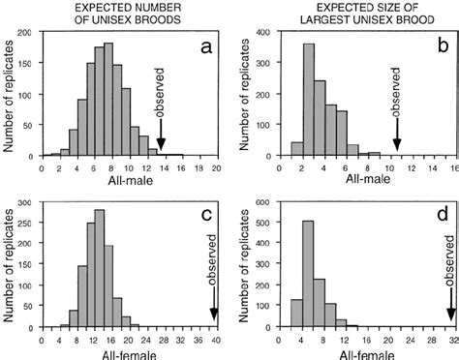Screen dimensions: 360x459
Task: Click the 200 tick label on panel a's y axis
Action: point(28,34)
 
